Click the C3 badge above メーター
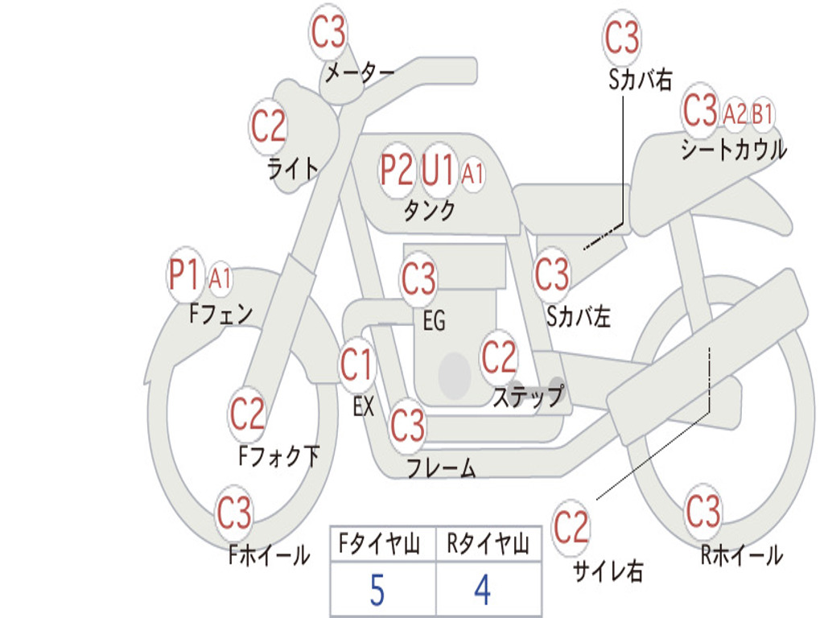(328, 33)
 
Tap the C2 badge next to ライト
(268, 126)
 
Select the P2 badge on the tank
(397, 170)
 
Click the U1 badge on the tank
(439, 170)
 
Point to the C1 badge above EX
(356, 366)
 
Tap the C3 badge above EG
(418, 279)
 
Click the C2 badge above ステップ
(499, 356)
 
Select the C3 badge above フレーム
(408, 424)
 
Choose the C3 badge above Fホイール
(235, 513)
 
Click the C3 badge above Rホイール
(703, 510)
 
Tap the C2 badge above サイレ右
(571, 528)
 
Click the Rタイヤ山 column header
(488, 546)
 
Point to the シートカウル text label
(733, 150)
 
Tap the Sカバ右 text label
(641, 79)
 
